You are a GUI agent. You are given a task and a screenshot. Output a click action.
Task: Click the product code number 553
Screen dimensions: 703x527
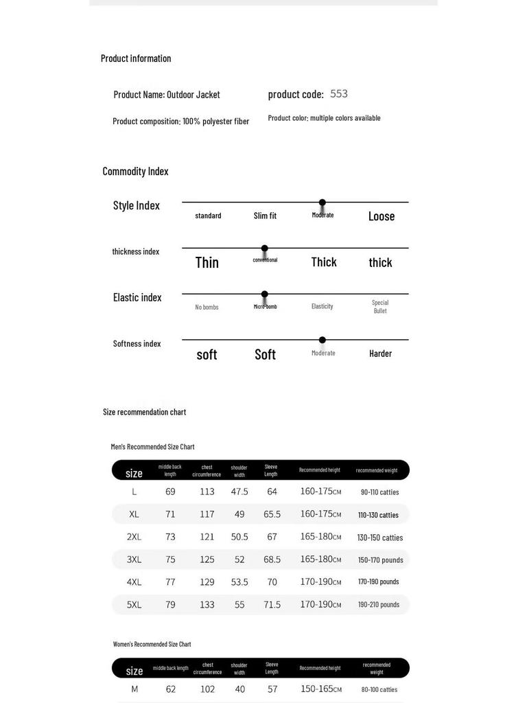(339, 94)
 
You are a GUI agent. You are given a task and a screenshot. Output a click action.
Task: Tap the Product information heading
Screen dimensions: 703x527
(136, 58)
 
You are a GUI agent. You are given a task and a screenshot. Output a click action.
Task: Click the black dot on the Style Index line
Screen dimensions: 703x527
(323, 203)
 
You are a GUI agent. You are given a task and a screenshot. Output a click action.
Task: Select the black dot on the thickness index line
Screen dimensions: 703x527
(265, 249)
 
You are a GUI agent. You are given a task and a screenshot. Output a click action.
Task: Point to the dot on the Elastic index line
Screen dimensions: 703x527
(265, 295)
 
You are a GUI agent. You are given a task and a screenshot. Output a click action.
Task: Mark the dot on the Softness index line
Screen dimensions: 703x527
(323, 340)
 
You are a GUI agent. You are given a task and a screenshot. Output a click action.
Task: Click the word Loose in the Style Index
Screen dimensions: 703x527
(382, 216)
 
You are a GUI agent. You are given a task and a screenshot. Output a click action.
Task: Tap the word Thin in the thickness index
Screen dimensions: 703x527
(207, 262)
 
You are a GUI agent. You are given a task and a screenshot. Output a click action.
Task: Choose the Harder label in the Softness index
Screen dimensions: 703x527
(380, 354)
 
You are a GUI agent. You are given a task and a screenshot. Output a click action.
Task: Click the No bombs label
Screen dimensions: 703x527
(207, 307)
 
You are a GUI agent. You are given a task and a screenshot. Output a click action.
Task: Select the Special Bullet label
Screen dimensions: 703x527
(380, 306)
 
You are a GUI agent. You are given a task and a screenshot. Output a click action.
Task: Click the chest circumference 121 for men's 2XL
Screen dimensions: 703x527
(207, 537)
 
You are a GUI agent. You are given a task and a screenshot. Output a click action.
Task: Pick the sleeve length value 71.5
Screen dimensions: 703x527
(272, 605)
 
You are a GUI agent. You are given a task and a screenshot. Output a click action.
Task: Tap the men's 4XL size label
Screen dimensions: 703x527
(134, 582)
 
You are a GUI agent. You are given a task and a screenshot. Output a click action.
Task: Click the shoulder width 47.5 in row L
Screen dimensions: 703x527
(239, 492)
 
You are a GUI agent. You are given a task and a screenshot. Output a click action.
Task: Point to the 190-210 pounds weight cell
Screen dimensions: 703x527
(379, 605)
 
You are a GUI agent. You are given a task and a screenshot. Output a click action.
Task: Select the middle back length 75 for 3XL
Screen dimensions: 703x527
(170, 560)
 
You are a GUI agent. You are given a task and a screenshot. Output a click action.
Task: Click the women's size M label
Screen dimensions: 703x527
(134, 689)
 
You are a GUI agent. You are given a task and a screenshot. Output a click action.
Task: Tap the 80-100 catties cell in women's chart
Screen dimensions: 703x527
(379, 689)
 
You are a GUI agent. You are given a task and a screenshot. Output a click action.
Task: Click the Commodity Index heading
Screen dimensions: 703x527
(135, 172)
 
